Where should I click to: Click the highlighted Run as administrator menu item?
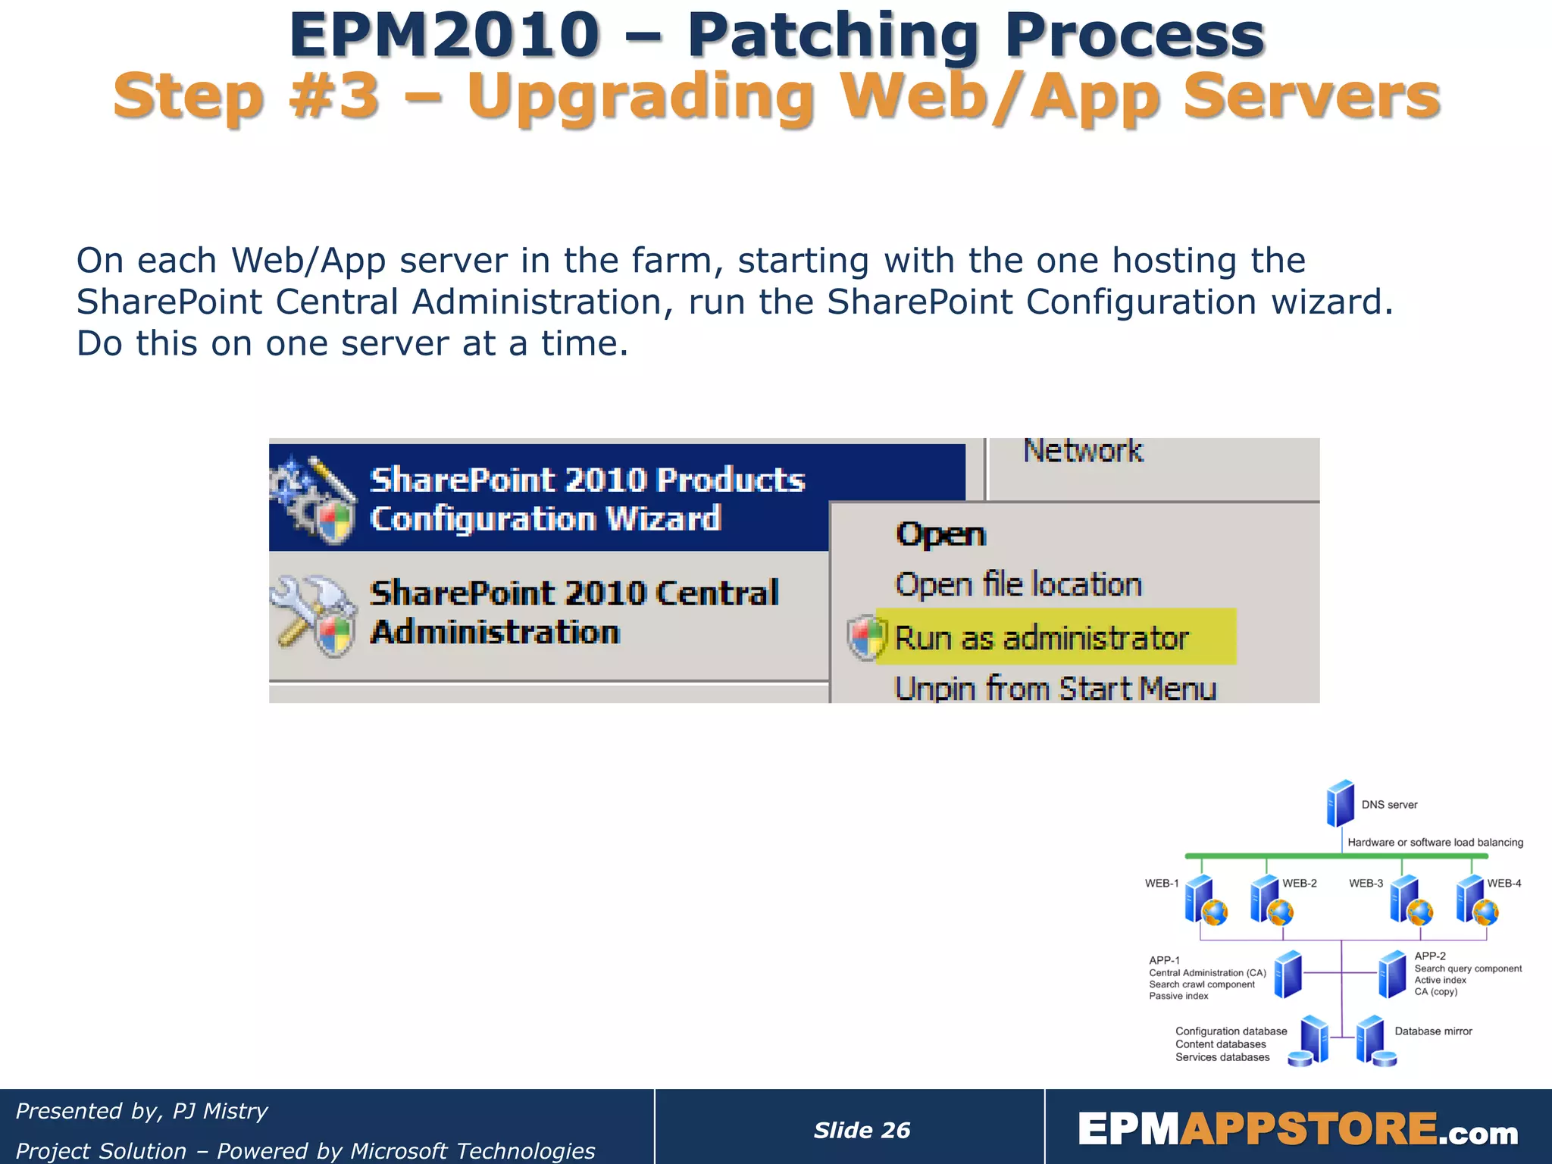pyautogui.click(x=1041, y=638)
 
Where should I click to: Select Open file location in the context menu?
pyautogui.click(x=1018, y=585)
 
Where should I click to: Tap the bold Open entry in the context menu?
pyautogui.click(x=940, y=535)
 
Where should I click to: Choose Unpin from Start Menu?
pyautogui.click(x=1055, y=689)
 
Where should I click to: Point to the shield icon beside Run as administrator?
pyautogui.click(x=865, y=638)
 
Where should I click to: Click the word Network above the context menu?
pyautogui.click(x=1082, y=452)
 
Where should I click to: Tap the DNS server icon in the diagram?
pyautogui.click(x=1340, y=803)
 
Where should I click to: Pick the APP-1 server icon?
pyautogui.click(x=1288, y=975)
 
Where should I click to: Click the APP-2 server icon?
pyautogui.click(x=1391, y=975)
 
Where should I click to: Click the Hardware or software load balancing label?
pyautogui.click(x=1435, y=843)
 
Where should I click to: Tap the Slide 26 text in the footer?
pyautogui.click(x=862, y=1130)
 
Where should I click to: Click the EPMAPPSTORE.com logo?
pyautogui.click(x=1297, y=1130)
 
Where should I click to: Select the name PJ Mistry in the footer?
pyautogui.click(x=220, y=1111)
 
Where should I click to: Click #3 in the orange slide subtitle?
pyautogui.click(x=333, y=97)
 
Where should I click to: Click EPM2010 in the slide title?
pyautogui.click(x=444, y=36)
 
